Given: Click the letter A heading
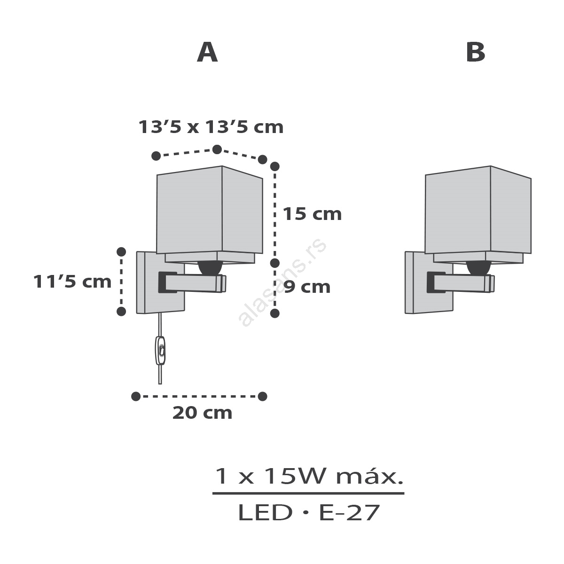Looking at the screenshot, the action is (207, 52).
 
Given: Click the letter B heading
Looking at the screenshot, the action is (476, 52).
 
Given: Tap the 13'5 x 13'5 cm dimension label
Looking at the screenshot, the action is (211, 127).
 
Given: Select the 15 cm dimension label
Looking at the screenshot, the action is (312, 214).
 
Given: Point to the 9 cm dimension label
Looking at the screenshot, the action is (307, 287).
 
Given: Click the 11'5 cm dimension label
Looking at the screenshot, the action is (72, 282).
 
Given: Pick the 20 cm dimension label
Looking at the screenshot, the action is (202, 413).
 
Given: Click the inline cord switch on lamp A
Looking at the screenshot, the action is (160, 350).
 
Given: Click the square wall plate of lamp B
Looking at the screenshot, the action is (429, 282).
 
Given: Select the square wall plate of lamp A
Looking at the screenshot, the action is (161, 282).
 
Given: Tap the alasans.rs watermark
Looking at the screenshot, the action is (282, 283).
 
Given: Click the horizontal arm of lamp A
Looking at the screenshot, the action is (192, 282).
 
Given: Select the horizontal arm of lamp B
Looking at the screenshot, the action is (461, 282).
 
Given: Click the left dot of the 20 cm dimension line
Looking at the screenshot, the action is (136, 397).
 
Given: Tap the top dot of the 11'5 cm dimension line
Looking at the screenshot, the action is (121, 252).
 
